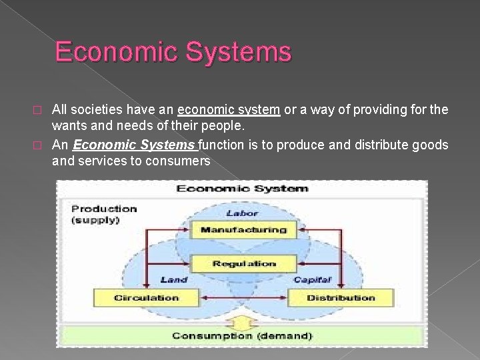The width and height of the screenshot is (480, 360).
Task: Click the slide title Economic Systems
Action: (x=173, y=51)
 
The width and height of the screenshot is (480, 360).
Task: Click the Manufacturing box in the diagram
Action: (x=243, y=230)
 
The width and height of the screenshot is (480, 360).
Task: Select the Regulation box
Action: (x=243, y=264)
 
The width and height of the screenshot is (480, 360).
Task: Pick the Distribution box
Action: (x=340, y=297)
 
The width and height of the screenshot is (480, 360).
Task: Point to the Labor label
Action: (x=241, y=213)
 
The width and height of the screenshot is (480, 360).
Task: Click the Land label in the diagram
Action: (x=173, y=279)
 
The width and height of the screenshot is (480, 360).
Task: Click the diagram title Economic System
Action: (x=242, y=189)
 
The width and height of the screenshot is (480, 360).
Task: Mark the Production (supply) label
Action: (x=104, y=214)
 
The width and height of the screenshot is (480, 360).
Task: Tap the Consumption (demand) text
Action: (x=242, y=335)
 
